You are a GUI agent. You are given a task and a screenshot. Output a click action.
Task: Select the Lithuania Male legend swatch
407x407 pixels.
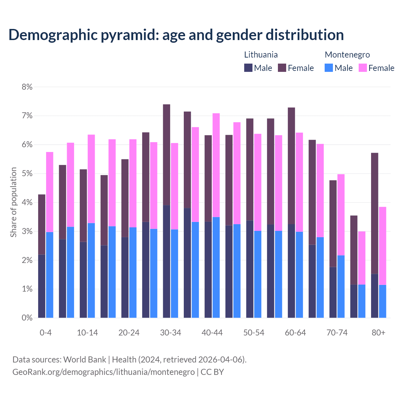(248, 68)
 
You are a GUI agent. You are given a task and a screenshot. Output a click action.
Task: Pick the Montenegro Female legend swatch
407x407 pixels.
(362, 68)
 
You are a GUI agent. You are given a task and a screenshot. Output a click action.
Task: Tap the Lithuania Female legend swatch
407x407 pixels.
(282, 68)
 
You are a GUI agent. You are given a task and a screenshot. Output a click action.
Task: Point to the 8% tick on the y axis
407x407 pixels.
(27, 87)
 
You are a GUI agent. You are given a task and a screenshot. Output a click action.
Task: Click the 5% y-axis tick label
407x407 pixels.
(27, 174)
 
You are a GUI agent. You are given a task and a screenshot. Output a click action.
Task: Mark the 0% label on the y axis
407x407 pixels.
(27, 318)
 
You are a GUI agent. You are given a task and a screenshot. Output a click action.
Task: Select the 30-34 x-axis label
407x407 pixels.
(170, 333)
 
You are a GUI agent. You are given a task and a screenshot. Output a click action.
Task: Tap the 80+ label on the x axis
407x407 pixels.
(378, 333)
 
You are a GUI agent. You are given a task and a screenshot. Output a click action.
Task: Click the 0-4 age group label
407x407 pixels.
(45, 333)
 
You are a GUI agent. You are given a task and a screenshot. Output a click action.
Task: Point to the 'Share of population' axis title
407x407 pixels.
(13, 202)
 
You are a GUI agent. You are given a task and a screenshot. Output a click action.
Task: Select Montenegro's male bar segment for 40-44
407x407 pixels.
(216, 267)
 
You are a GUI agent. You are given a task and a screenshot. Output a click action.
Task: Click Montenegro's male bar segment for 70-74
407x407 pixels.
(341, 286)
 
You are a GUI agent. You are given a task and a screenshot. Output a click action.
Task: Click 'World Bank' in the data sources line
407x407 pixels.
(85, 360)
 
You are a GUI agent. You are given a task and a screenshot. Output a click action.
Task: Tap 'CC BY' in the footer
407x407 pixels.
(212, 372)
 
